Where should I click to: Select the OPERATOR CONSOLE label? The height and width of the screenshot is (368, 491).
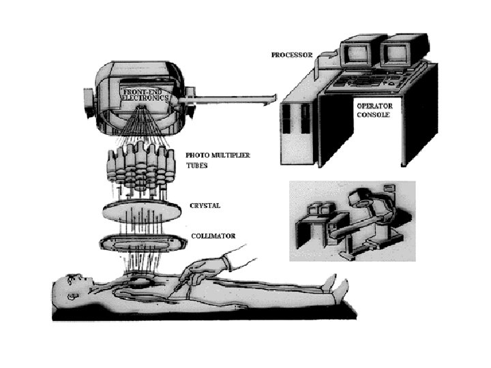coord(374,110)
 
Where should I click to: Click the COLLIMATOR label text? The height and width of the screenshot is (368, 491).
coord(213,236)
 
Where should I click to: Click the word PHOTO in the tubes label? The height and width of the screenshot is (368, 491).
coord(198,156)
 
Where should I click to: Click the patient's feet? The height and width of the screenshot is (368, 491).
coord(332,286)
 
